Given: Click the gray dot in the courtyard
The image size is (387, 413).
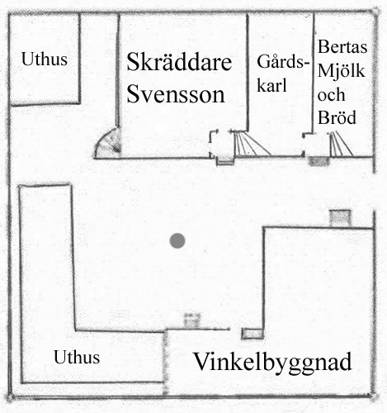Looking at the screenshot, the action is pyautogui.click(x=177, y=240).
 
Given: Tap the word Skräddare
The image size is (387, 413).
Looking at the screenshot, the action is pyautogui.click(x=179, y=62).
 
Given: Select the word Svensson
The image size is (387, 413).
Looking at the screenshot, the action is pyautogui.click(x=176, y=94).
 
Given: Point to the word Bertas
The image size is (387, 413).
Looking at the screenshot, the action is pyautogui.click(x=342, y=46).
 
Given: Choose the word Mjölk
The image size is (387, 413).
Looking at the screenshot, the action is pyautogui.click(x=342, y=70).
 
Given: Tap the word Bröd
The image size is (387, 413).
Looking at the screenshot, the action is pyautogui.click(x=337, y=117).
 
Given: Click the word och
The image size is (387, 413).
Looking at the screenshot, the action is pyautogui.click(x=331, y=94).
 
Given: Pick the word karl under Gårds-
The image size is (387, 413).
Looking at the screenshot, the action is pyautogui.click(x=271, y=85).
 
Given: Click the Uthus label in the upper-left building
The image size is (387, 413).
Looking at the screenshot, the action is pyautogui.click(x=45, y=59).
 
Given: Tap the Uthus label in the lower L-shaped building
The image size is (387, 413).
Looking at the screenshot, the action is pyautogui.click(x=77, y=357).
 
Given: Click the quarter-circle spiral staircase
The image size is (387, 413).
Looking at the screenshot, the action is pyautogui.click(x=108, y=144).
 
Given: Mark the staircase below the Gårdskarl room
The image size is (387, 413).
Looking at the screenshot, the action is pyautogui.click(x=252, y=144).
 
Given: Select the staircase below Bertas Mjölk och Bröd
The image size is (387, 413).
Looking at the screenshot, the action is pyautogui.click(x=341, y=144).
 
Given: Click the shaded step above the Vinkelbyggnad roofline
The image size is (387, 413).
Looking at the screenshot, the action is pyautogui.click(x=341, y=218).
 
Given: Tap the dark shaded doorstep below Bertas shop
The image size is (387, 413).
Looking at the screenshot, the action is pyautogui.click(x=319, y=161).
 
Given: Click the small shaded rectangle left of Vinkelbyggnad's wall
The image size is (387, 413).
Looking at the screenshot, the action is pyautogui.click(x=252, y=334).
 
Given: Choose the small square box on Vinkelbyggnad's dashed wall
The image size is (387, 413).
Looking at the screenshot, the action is pyautogui.click(x=192, y=320).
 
